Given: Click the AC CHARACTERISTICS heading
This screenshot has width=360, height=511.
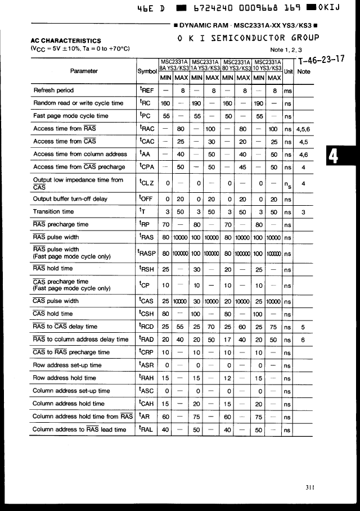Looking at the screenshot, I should point(66,40).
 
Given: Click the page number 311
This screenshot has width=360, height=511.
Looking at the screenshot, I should point(310,487).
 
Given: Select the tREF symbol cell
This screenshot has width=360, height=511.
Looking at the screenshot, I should point(146,90).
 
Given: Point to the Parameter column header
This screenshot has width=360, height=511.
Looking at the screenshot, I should point(84,71).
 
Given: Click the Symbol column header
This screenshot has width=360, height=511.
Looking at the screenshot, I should point(147,71).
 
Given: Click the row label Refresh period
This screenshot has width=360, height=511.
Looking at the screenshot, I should point(53,90).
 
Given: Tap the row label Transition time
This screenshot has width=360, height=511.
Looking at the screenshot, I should point(53,211).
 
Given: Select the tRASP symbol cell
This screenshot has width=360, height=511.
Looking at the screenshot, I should point(147,253).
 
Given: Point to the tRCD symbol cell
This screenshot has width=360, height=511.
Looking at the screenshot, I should point(147,327).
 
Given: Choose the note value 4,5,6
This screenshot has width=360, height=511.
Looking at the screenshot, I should point(303,129).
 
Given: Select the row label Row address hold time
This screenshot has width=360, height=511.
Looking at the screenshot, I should point(64,378).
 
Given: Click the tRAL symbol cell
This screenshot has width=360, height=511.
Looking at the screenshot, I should point(146,429).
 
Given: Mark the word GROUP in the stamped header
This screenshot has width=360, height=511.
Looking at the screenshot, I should point(305,38).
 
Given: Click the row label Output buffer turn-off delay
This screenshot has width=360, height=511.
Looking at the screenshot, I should point(70,198).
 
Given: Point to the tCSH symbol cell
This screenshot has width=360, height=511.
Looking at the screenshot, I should point(147,314).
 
